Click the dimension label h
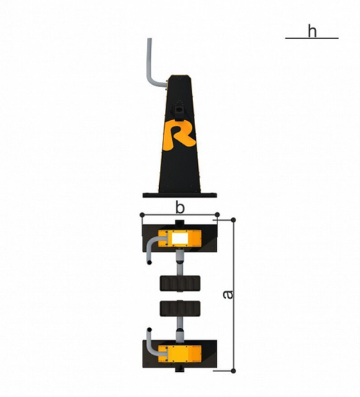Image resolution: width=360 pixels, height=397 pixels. pos(312,31)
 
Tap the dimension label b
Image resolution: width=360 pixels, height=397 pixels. pos(180,208)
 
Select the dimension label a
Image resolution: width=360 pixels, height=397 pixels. pos(228,294)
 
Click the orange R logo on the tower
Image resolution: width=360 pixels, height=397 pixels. pos(179,135)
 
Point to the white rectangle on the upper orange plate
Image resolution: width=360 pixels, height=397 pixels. pos(180,238)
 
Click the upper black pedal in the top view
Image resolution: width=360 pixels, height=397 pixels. pos(180,283)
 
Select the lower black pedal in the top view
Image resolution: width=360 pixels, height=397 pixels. pos(180,309)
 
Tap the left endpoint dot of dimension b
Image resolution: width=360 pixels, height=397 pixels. pos(143,215)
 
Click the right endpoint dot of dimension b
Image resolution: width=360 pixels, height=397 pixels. pos(217,215)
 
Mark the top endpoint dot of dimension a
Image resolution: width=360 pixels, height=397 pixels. pos(233,220)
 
